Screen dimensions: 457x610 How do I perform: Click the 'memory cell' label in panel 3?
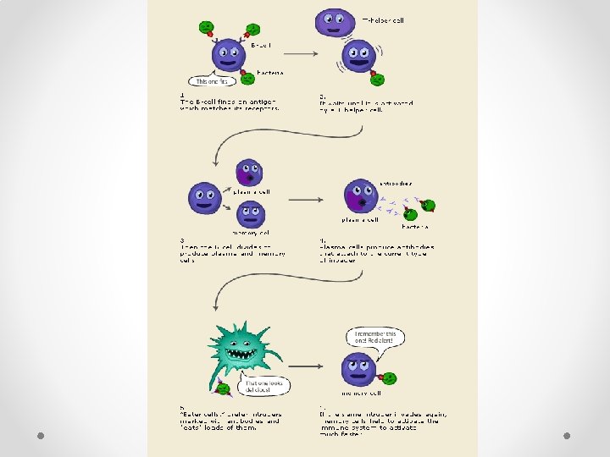(x=251, y=233)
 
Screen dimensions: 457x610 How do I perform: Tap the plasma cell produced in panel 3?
(x=249, y=173)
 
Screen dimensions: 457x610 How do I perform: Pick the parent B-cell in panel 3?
(x=204, y=198)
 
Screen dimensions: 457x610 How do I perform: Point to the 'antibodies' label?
(x=396, y=183)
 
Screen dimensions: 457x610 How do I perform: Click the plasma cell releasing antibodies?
(x=361, y=196)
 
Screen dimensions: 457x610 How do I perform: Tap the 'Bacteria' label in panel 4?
(x=415, y=227)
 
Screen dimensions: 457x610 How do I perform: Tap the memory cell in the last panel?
(x=358, y=370)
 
